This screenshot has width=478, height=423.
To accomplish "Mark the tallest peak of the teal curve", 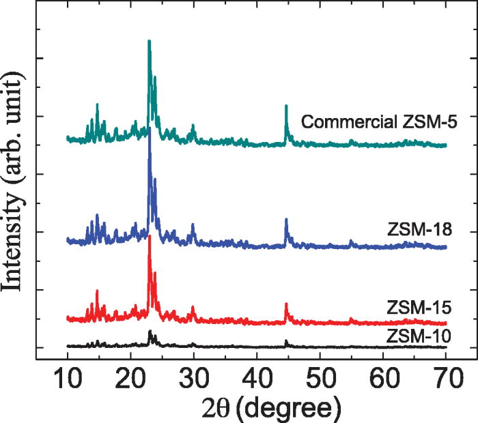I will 149,42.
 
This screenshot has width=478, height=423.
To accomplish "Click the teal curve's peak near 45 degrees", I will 286,106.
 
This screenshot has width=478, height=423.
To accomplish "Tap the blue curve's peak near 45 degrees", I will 286,220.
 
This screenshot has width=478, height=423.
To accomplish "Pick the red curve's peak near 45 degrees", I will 286,304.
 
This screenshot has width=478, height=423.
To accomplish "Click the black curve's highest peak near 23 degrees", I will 150,331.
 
